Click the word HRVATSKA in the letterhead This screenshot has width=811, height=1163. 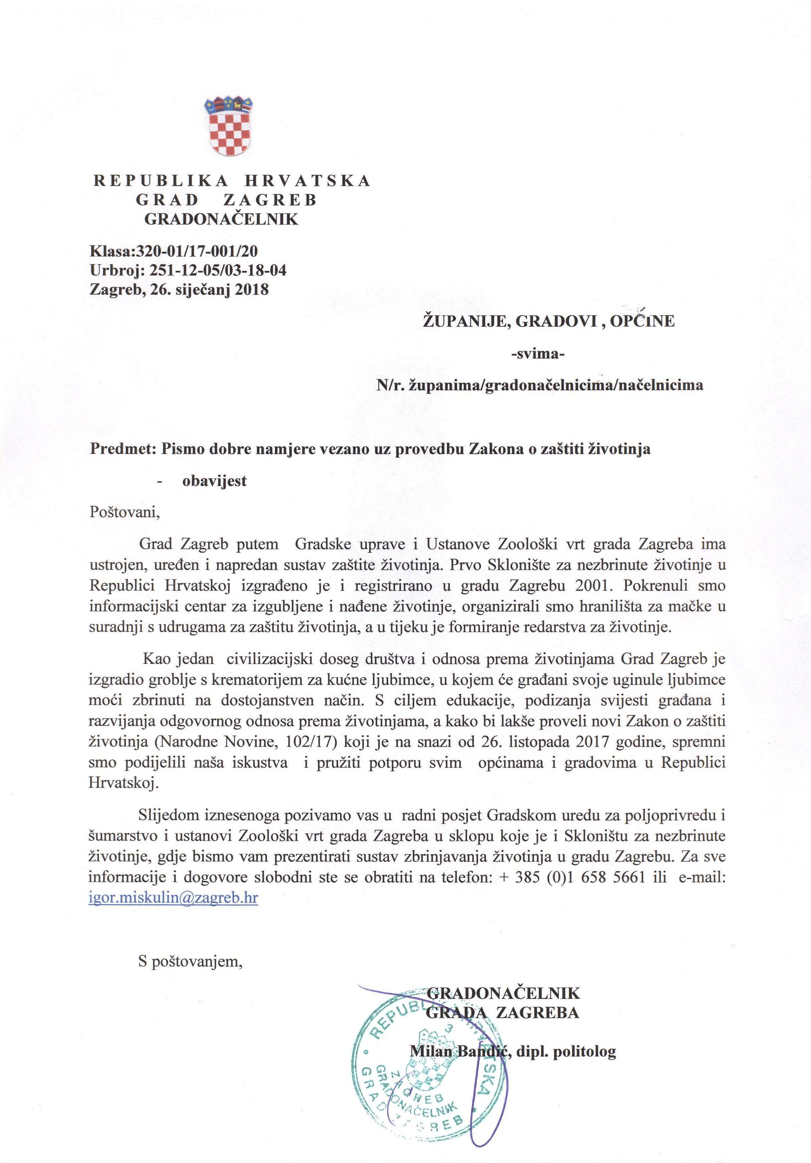[x=308, y=181]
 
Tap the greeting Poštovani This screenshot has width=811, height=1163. [x=124, y=512]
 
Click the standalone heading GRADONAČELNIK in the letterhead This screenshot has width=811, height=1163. [x=221, y=219]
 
